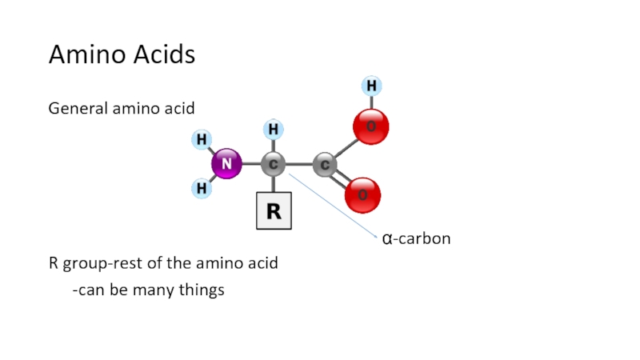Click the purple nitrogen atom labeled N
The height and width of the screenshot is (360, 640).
226,164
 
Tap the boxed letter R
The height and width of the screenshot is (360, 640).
274,211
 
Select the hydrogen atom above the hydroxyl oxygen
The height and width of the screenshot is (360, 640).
370,85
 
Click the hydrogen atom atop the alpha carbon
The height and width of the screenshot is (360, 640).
273,129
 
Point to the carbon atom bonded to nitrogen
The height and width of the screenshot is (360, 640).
274,165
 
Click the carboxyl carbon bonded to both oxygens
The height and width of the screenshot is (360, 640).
324,165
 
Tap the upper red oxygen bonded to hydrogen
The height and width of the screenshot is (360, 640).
370,126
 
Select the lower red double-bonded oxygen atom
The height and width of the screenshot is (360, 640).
362,195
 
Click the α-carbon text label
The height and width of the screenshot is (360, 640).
416,238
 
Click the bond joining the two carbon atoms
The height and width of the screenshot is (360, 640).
298,165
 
